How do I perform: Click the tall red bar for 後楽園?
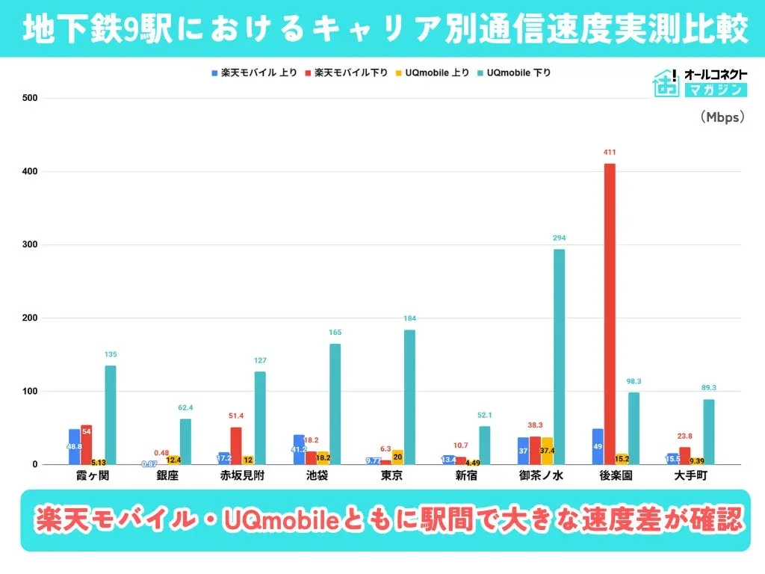[610, 314]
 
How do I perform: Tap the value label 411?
[610, 152]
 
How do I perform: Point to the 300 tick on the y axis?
[30, 244]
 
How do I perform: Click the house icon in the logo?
[664, 84]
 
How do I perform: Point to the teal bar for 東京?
[409, 397]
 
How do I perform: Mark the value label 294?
[559, 238]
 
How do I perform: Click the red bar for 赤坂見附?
[236, 445]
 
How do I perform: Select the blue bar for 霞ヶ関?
[75, 446]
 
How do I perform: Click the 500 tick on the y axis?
[30, 98]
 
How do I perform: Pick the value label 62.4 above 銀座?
[185, 408]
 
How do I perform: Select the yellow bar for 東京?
[397, 457]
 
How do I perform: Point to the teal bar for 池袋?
[335, 404]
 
